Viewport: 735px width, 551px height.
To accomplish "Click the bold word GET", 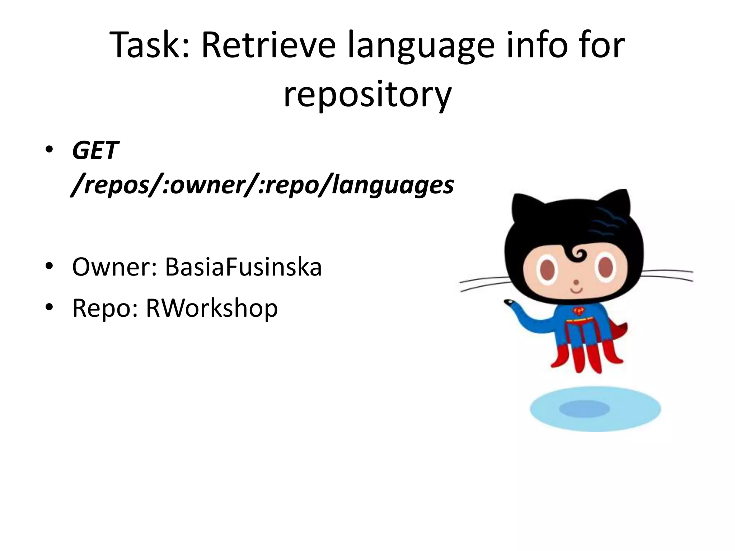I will pyautogui.click(x=95, y=150).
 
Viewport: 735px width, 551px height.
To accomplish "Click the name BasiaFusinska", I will pyautogui.click(x=243, y=267).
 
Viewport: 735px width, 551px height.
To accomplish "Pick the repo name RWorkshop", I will pyautogui.click(x=211, y=308).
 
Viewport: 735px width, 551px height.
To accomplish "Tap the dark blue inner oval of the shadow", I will pyautogui.click(x=584, y=409).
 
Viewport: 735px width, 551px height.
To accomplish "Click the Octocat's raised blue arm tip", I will pyautogui.click(x=509, y=303).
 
